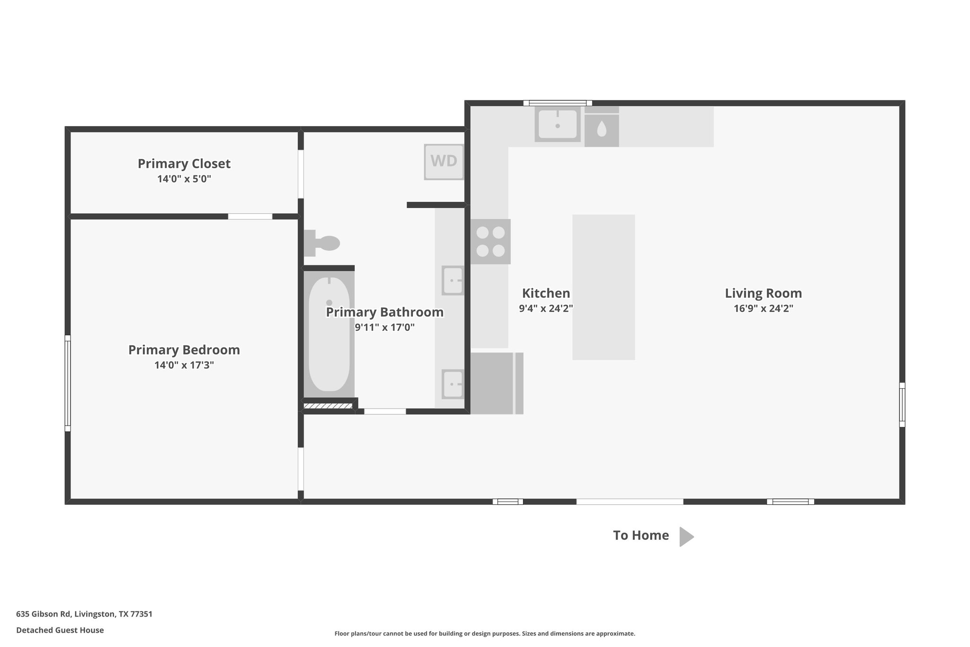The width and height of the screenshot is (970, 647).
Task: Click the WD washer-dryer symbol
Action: point(443,162)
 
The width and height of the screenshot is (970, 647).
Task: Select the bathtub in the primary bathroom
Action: point(329,334)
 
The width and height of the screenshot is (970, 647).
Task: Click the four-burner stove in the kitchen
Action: point(490,241)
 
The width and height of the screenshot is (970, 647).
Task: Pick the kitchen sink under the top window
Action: point(557,124)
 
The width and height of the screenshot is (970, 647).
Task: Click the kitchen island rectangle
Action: point(603,287)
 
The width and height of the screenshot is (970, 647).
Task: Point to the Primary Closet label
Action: point(184,164)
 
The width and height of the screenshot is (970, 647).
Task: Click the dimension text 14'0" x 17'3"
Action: point(184,365)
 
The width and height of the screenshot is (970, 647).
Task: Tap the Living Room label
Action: point(763,293)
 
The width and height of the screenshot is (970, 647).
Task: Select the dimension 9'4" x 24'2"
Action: point(546,309)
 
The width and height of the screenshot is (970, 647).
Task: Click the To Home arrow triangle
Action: point(685,537)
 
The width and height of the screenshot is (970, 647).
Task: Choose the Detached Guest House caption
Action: point(60,630)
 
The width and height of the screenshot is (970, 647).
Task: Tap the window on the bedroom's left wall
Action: point(68,383)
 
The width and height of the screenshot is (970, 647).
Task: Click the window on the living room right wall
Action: point(902,404)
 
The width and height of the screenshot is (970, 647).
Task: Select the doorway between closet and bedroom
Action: point(250,217)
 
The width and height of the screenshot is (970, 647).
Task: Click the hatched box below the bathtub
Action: point(328,406)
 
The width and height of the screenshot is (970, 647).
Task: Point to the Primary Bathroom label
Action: point(384,312)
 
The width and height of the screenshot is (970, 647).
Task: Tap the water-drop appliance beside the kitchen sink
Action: point(602,129)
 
